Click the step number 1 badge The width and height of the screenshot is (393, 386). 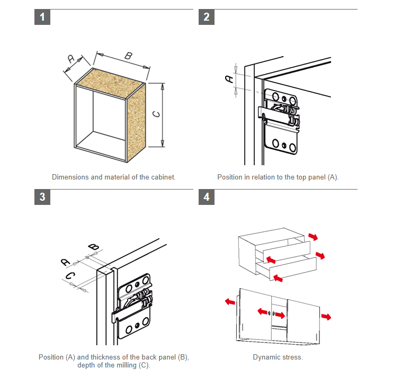point(42,17)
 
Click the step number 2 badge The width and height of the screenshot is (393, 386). point(207,17)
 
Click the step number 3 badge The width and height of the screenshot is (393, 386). point(42,197)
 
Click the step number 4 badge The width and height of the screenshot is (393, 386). point(207,197)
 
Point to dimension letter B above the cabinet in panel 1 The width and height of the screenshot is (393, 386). point(128,56)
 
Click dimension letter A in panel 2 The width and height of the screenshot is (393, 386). point(229,79)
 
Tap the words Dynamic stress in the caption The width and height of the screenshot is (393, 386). point(278,357)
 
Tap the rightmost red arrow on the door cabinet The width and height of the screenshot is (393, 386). point(326,317)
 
